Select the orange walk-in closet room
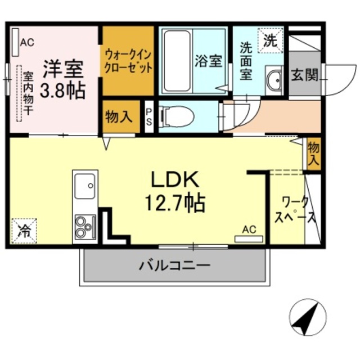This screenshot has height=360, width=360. tap(128, 62)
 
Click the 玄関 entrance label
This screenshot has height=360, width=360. tap(304, 75)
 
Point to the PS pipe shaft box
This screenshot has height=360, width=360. tap(148, 116)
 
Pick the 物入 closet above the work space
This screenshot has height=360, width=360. tap(313, 153)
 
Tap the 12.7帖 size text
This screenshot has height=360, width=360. tap(174, 201)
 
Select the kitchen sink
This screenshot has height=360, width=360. tap(85, 185)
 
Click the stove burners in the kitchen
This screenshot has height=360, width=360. tap(84, 226)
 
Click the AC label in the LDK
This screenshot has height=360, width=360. tap(249, 229)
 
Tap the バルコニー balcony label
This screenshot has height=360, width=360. tap(174, 265)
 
